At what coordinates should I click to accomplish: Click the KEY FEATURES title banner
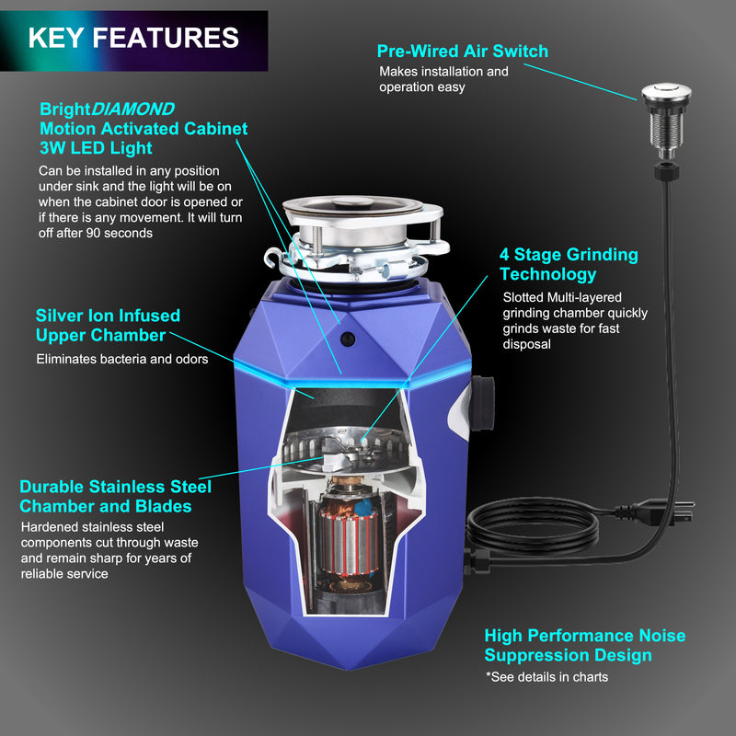point(133,39)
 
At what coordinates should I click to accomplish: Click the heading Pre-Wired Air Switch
point(462,52)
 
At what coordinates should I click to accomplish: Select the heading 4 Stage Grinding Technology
point(569,264)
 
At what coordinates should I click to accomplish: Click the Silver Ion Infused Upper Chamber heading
point(108,326)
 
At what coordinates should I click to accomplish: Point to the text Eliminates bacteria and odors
point(121,359)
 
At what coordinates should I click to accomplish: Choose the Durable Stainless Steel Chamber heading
point(115,496)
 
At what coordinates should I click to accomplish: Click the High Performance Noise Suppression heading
point(584,646)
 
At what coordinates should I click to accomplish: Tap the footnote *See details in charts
point(546,677)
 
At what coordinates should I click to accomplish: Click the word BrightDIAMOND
point(107,109)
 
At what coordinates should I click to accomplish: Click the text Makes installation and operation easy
point(443,79)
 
